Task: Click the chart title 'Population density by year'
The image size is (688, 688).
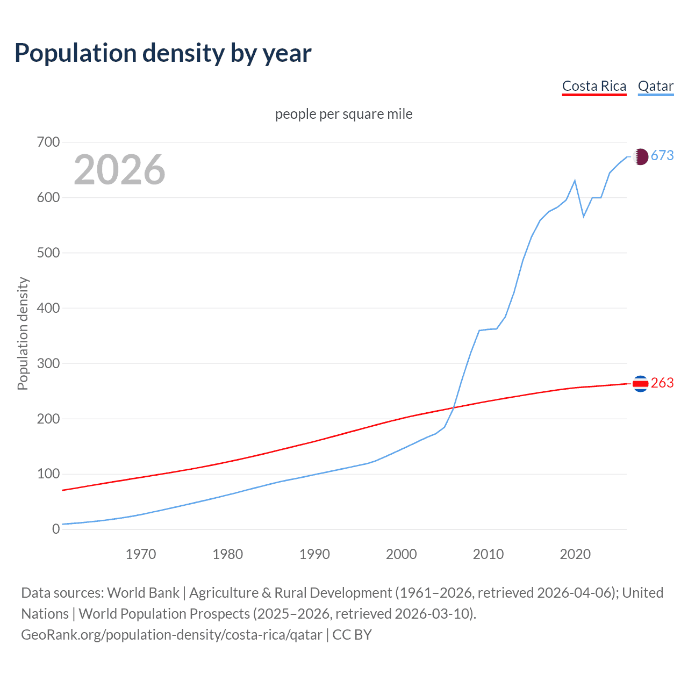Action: (x=163, y=53)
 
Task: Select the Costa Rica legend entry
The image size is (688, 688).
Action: (x=594, y=86)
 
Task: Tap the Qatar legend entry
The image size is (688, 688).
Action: (x=655, y=86)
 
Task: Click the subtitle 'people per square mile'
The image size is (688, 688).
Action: (x=343, y=114)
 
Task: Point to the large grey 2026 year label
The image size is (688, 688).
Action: (x=119, y=170)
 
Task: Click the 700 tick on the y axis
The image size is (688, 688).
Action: (x=48, y=142)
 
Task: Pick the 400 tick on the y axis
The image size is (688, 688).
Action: (x=48, y=308)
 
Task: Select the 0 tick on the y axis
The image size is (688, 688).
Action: (x=56, y=529)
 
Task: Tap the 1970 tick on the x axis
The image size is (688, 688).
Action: (x=141, y=554)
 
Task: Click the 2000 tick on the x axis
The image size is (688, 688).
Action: (x=402, y=554)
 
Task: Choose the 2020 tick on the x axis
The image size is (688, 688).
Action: (x=575, y=554)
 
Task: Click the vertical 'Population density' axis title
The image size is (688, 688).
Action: (x=23, y=333)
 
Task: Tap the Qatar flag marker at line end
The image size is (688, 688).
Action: (x=640, y=156)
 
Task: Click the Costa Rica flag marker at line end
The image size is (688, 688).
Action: (x=640, y=384)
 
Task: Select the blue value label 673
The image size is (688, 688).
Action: (x=662, y=156)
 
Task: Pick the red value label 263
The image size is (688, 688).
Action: (x=662, y=383)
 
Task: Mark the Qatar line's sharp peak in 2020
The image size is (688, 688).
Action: (x=575, y=181)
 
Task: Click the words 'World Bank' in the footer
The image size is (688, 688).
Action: (x=143, y=593)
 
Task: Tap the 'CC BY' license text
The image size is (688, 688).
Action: (x=352, y=635)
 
